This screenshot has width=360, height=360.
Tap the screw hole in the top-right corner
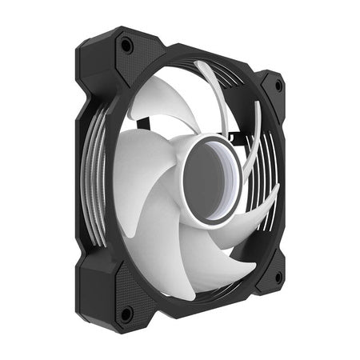coord(278,83)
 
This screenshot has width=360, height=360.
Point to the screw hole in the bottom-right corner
coord(278,278)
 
